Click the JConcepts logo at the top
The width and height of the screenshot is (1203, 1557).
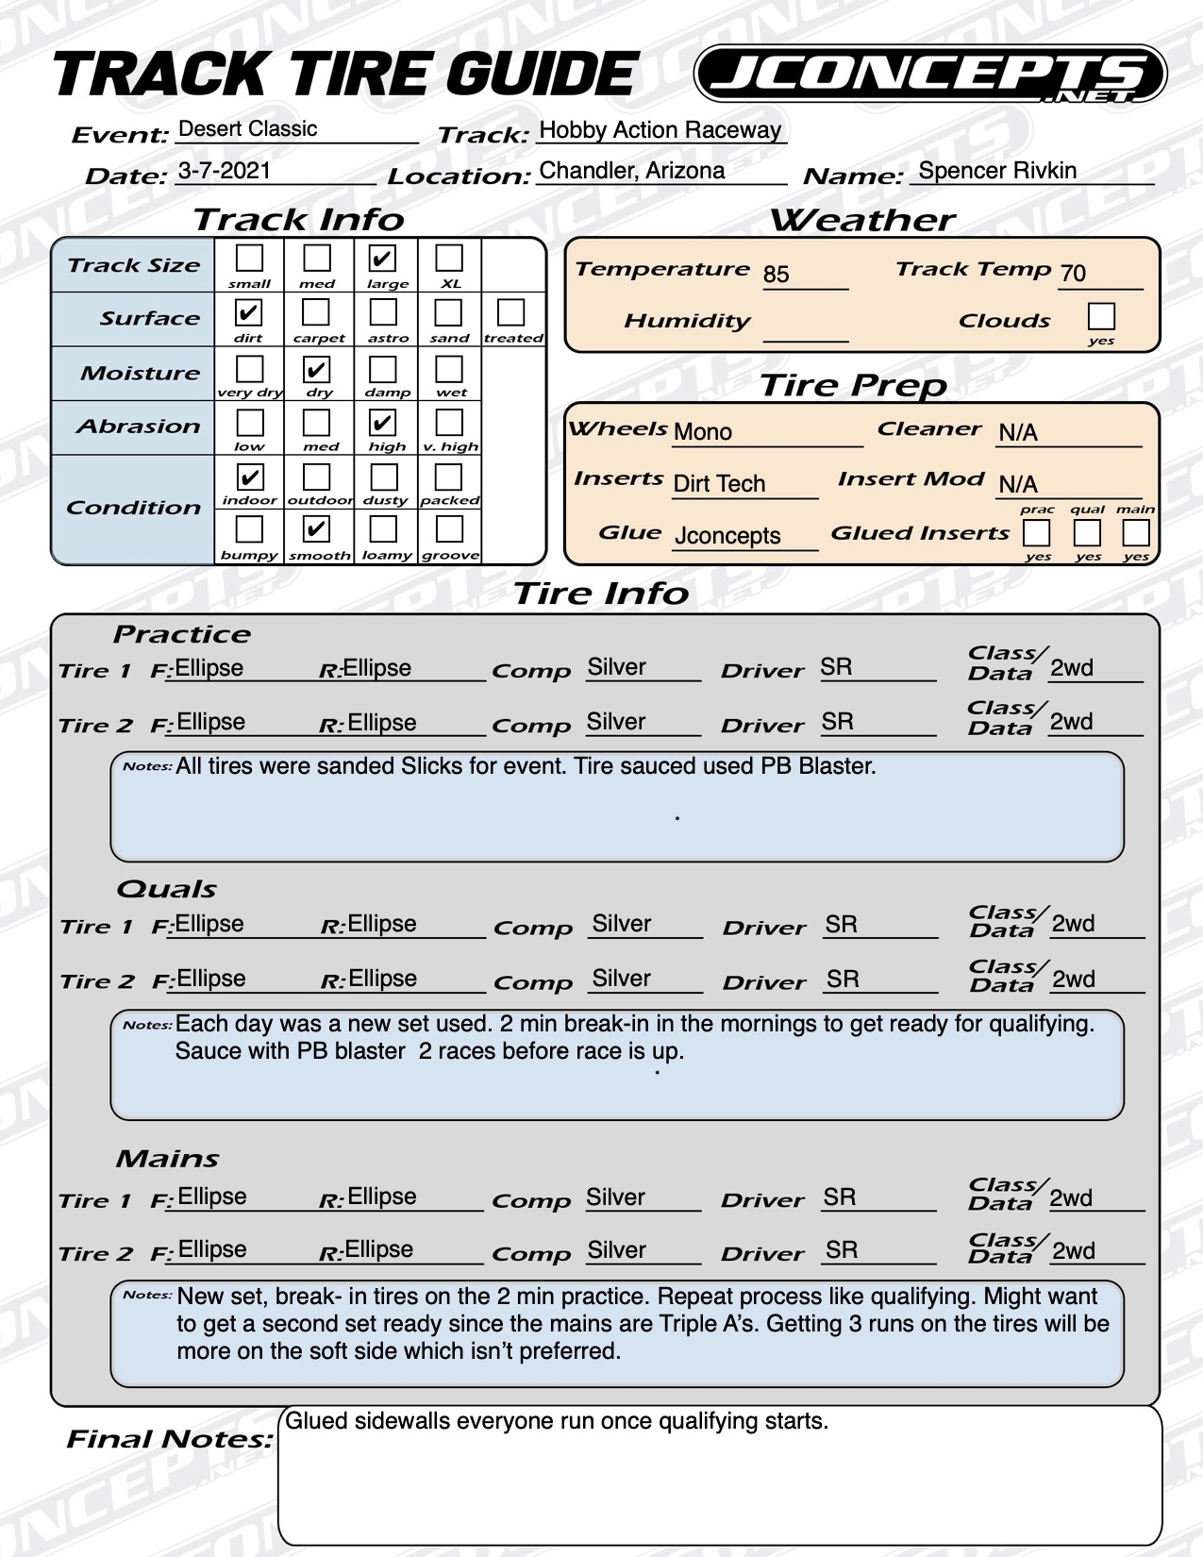tap(929, 75)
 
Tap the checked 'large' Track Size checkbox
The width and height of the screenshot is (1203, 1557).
tap(382, 258)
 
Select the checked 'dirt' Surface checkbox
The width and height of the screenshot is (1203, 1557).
tap(248, 312)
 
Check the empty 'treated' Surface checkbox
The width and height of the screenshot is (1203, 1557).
tap(510, 312)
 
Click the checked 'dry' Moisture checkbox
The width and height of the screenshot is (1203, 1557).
tap(316, 368)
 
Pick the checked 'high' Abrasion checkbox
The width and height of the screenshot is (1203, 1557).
tap(382, 422)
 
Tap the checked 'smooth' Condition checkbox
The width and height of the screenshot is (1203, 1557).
tap(316, 529)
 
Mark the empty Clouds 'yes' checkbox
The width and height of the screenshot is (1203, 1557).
tap(1101, 315)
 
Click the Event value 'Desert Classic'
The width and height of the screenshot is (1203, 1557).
tap(247, 129)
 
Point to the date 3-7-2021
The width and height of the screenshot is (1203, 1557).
tap(224, 171)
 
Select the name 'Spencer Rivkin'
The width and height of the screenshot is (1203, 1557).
tap(997, 171)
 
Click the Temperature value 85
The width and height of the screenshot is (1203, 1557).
tap(776, 275)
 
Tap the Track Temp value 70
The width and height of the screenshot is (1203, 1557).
tap(1073, 274)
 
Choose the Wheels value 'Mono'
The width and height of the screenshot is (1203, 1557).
tap(702, 432)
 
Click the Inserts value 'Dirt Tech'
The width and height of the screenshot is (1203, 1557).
tap(719, 484)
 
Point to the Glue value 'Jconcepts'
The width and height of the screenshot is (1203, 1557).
tap(727, 536)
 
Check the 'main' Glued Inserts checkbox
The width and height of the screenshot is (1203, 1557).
tap(1135, 533)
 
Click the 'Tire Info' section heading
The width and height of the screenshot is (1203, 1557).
tap(601, 594)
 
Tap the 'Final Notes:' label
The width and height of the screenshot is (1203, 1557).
tap(169, 1439)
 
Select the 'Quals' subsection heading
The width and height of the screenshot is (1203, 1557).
tap(166, 889)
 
